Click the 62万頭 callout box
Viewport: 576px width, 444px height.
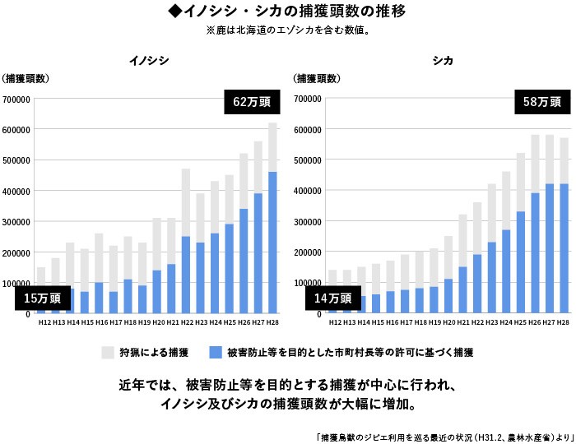[251, 103]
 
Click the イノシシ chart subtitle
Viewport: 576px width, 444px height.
[149, 61]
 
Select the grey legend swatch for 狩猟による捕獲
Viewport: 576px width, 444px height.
[108, 353]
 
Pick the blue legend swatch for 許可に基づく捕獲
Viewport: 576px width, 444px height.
[216, 353]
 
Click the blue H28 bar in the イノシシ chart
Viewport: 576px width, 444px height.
[272, 243]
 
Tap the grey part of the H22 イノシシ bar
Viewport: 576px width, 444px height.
[186, 202]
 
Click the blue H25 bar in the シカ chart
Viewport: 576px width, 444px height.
[521, 262]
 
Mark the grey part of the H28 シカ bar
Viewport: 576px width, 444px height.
[564, 160]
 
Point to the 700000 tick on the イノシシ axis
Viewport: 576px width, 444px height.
[16, 99]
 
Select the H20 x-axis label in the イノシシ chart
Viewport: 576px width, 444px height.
[157, 323]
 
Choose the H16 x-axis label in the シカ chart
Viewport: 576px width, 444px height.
[391, 323]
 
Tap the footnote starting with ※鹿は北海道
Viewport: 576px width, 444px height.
[286, 31]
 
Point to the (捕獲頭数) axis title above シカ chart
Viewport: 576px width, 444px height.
[317, 79]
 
